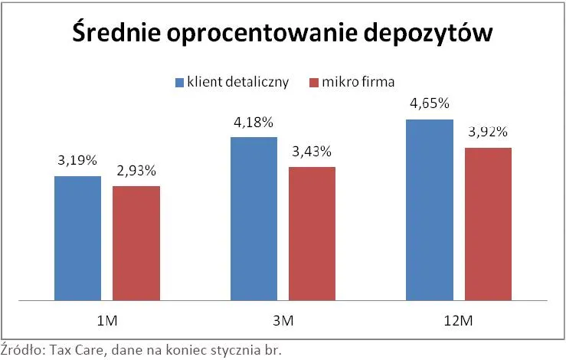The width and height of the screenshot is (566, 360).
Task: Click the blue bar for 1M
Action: tap(77, 237)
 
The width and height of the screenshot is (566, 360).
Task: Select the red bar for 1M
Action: tap(136, 242)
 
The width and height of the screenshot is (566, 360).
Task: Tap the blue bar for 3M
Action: tap(254, 218)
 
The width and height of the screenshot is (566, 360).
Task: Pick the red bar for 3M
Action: tap(312, 233)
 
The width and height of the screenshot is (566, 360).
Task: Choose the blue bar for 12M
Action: tap(430, 209)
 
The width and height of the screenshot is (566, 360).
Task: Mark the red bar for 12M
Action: tap(488, 223)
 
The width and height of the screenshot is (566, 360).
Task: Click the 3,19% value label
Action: tap(77, 161)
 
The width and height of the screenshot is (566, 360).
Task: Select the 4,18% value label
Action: tap(254, 122)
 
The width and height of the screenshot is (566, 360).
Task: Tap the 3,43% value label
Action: tap(312, 152)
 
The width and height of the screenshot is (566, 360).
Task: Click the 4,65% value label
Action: tap(430, 103)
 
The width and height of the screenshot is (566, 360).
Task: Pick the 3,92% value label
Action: tap(488, 132)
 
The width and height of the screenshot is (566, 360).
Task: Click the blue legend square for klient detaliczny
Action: tap(179, 82)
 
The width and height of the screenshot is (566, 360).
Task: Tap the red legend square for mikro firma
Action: tap(312, 82)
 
